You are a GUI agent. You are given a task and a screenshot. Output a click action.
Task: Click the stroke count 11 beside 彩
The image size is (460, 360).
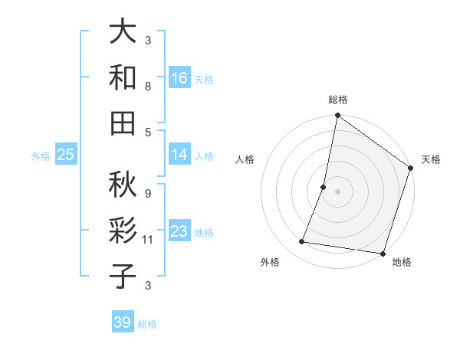click(148, 240)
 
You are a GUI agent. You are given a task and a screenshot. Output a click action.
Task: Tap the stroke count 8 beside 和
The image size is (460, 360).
click(148, 87)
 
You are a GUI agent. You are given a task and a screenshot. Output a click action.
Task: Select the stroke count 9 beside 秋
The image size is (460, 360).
click(148, 194)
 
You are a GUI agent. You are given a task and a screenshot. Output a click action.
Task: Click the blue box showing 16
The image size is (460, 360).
click(179, 78)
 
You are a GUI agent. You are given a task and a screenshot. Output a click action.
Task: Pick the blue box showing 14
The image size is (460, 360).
click(179, 155)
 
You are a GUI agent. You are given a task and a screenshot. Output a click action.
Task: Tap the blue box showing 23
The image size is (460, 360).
click(179, 231)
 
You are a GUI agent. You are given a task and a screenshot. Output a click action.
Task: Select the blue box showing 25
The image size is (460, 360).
click(65, 155)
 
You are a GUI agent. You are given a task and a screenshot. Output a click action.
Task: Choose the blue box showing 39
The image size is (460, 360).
click(122, 322)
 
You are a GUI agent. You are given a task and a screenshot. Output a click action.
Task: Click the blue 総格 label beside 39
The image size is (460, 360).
click(147, 324)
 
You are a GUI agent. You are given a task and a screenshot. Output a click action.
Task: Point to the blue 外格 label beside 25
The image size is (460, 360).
click(41, 156)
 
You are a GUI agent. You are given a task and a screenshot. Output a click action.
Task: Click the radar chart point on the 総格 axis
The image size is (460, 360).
click(337, 116)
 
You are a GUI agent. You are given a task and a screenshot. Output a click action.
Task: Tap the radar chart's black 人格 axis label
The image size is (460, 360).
click(245, 159)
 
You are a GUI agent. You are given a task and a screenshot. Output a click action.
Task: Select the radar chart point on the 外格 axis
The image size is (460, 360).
click(302, 242)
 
